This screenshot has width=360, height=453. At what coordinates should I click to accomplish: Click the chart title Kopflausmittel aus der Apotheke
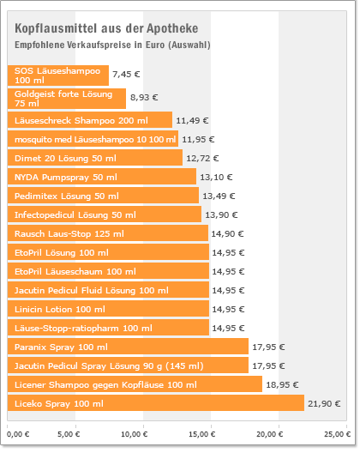pyautogui.click(x=106, y=28)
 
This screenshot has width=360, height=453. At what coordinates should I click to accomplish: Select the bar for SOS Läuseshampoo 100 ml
pyautogui.click(x=58, y=75)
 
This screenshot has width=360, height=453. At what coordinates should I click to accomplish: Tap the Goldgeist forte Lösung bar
pyautogui.click(x=67, y=99)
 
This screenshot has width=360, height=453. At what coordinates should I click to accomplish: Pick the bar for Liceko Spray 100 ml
pyautogui.click(x=156, y=402)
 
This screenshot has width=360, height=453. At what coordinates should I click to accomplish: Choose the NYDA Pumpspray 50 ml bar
pyautogui.click(x=102, y=177)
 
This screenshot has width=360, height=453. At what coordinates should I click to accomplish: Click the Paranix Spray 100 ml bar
pyautogui.click(x=128, y=346)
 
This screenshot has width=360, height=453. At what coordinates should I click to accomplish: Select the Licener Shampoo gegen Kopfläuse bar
pyautogui.click(x=135, y=384)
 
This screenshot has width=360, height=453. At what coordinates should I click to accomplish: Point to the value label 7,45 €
pyautogui.click(x=126, y=75)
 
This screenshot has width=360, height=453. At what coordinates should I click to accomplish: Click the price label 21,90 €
pyautogui.click(x=324, y=403)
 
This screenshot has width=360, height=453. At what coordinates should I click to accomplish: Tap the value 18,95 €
pyautogui.click(x=282, y=384)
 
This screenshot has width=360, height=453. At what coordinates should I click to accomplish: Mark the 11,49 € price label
pyautogui.click(x=192, y=120)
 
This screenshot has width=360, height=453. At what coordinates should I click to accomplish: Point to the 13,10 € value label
pyautogui.click(x=216, y=177)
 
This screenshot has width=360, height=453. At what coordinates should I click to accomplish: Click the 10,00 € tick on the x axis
pyautogui.click(x=135, y=434)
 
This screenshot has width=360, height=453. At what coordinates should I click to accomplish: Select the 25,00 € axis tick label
pyautogui.click(x=337, y=434)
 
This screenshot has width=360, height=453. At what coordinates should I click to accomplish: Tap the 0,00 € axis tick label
pyautogui.click(x=18, y=434)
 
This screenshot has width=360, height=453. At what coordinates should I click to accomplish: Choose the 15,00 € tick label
pyautogui.click(x=202, y=434)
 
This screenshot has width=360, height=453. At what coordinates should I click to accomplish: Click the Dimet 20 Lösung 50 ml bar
pyautogui.click(x=95, y=158)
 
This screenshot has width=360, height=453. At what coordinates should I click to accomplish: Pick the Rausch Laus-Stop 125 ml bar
pyautogui.click(x=108, y=233)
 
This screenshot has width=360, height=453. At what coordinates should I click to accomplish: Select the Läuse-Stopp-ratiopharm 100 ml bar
pyautogui.click(x=108, y=328)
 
